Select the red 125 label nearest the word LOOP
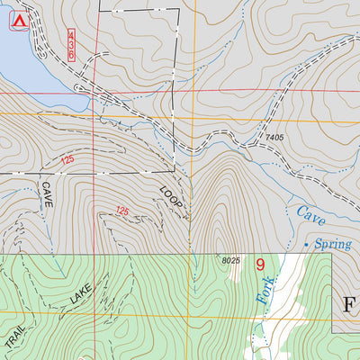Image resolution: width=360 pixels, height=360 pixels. point(122,211)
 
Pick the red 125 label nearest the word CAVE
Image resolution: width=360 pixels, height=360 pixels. point(67,160)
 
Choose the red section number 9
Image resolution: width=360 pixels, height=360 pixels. point(260,265)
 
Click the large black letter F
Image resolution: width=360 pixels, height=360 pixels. point(349,303)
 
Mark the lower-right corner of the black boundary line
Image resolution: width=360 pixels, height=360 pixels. point(174,170)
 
